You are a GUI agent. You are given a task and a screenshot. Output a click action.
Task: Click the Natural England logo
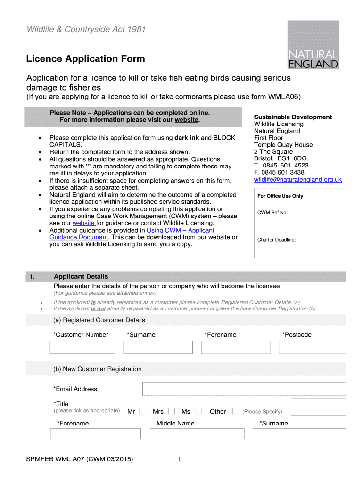(313, 46)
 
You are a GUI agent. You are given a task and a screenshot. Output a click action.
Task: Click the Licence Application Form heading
(85, 59)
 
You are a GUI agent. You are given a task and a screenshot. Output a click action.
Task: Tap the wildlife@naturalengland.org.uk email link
(297, 180)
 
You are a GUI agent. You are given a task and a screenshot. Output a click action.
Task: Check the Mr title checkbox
(143, 411)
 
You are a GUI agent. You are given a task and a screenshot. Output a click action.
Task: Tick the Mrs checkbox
(172, 411)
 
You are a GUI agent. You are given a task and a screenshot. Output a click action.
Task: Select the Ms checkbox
(198, 411)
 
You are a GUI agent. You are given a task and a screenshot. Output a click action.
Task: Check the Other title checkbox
(236, 411)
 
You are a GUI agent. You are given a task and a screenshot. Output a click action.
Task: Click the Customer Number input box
(82, 348)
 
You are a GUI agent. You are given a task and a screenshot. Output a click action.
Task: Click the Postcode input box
(312, 348)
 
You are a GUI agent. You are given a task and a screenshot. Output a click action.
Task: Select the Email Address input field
(244, 389)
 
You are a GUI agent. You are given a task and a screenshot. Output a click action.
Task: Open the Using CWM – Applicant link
(181, 230)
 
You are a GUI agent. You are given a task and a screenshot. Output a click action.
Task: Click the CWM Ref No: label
(272, 213)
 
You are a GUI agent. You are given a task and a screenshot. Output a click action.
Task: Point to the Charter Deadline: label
(276, 240)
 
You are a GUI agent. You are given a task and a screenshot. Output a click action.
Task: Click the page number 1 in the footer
(180, 460)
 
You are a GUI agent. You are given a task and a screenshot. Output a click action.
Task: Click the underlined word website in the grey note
(187, 120)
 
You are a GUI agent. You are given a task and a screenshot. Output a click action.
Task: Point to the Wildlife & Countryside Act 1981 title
(86, 30)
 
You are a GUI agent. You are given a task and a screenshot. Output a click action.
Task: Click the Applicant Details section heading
(81, 276)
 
